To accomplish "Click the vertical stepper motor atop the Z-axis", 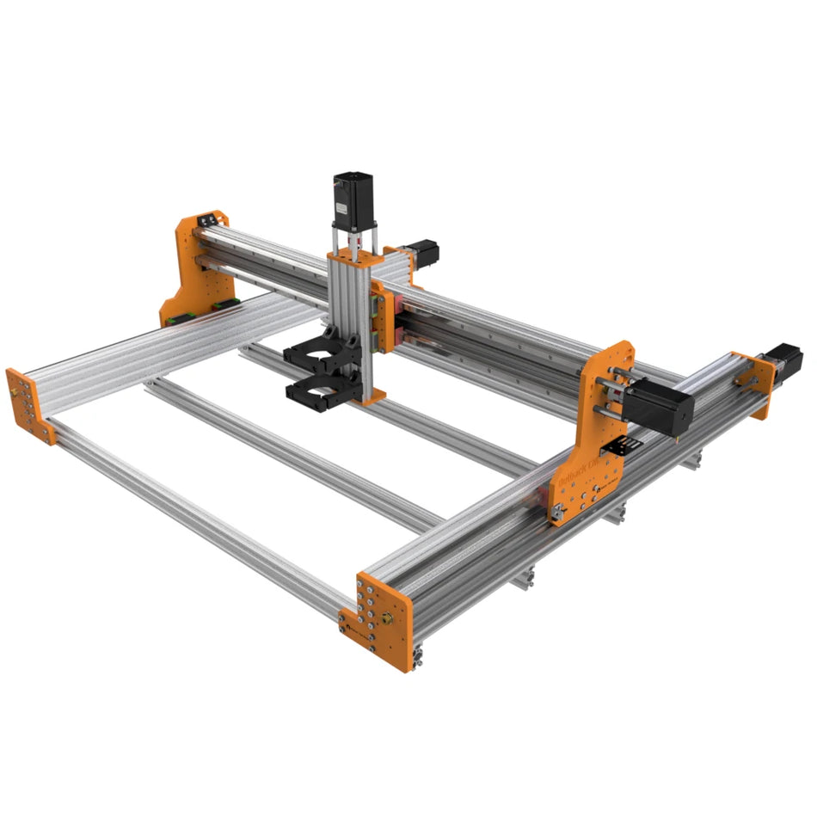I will click(x=353, y=196).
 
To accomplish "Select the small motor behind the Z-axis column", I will click(x=423, y=251).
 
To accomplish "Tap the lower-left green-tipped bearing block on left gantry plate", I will click(x=175, y=316).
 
